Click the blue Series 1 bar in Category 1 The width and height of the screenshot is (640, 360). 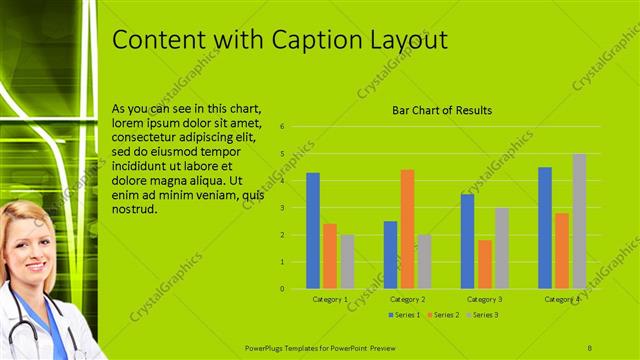(x=313, y=231)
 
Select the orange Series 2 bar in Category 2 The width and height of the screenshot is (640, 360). (x=408, y=229)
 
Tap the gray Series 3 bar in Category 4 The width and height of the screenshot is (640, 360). (x=579, y=221)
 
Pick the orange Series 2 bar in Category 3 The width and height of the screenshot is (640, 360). (x=485, y=264)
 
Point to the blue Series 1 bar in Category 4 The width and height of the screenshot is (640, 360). (x=545, y=228)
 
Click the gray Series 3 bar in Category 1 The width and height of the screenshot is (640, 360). (x=347, y=262)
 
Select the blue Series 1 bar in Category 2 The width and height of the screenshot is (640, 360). (x=390, y=255)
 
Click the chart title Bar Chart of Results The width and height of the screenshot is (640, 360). (x=441, y=111)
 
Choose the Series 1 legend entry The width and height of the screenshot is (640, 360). (x=403, y=315)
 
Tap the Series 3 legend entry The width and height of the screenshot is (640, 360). (x=481, y=315)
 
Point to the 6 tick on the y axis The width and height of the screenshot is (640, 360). (x=283, y=127)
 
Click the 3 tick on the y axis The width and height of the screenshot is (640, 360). (x=283, y=208)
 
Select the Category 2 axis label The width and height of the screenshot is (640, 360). (x=408, y=299)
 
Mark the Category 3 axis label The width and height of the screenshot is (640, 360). (x=485, y=299)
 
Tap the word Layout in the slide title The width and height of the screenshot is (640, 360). (x=401, y=40)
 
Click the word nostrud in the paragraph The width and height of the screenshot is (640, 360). (x=135, y=211)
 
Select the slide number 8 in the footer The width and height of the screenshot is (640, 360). (x=590, y=346)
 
